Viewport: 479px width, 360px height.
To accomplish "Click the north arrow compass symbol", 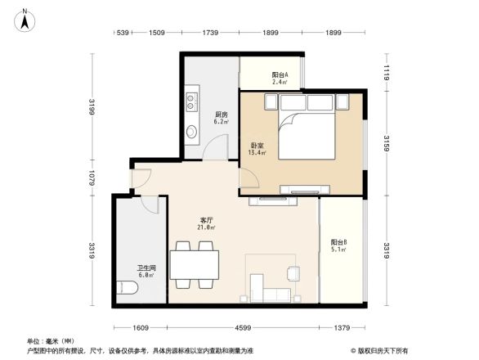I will coord(25,19).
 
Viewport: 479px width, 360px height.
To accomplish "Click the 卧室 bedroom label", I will coord(256,147).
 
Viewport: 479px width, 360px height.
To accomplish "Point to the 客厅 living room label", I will coord(207,219).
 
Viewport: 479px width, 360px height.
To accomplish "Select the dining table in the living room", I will coord(195,264).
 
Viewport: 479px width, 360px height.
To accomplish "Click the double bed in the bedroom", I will coord(308,128).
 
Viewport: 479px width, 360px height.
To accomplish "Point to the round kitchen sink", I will coord(192,131).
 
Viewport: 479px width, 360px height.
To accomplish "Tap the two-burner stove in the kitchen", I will coord(192,102).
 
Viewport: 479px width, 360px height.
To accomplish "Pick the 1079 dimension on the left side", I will coord(92,178).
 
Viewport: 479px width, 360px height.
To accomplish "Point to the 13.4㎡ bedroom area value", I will coord(256,155).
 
